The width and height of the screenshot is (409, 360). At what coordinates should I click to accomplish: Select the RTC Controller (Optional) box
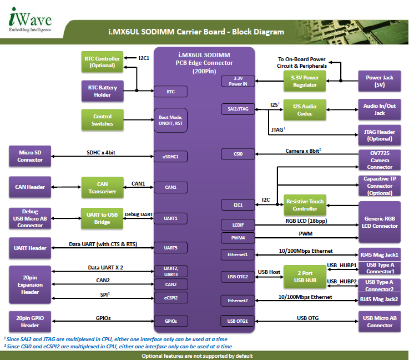pyautogui.click(x=102, y=62)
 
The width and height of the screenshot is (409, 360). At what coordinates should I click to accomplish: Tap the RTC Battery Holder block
pyautogui.click(x=102, y=91)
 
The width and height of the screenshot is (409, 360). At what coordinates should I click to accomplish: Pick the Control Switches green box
pyautogui.click(x=102, y=120)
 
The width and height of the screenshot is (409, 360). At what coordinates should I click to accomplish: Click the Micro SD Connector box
pyautogui.click(x=30, y=156)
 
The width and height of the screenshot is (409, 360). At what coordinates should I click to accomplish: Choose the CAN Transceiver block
pyautogui.click(x=102, y=187)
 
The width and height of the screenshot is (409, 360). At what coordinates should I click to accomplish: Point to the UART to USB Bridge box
pyautogui.click(x=102, y=218)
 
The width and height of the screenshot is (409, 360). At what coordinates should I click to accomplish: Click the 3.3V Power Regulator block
pyautogui.click(x=305, y=81)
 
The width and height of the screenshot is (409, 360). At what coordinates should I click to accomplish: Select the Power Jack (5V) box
pyautogui.click(x=380, y=81)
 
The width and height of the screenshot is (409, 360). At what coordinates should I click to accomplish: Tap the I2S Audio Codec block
pyautogui.click(x=305, y=109)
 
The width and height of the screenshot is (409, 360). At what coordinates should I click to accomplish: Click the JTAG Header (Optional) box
pyautogui.click(x=380, y=134)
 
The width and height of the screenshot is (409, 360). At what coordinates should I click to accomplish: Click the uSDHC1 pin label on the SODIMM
pyautogui.click(x=170, y=157)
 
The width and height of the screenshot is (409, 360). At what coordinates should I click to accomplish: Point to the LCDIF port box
pyautogui.click(x=238, y=225)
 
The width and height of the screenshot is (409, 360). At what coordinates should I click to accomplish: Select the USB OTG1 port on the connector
pyautogui.click(x=238, y=321)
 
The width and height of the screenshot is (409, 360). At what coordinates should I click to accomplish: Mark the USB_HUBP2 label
pyautogui.click(x=342, y=281)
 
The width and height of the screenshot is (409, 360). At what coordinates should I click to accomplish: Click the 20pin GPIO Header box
pyautogui.click(x=30, y=322)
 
